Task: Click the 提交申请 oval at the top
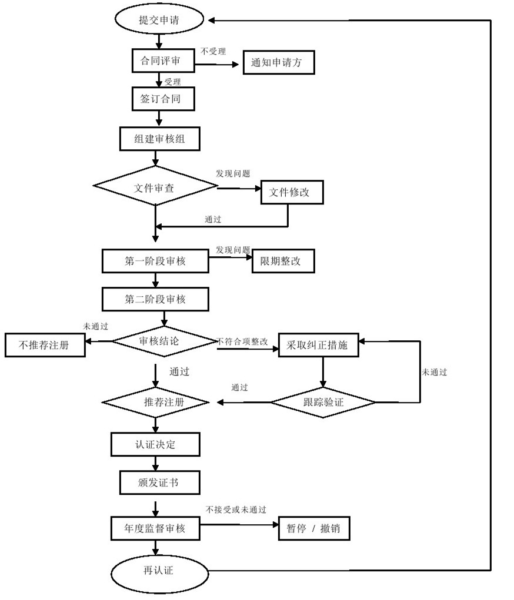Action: pos(159,20)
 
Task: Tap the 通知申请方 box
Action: pos(279,63)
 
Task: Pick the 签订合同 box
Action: pos(160,99)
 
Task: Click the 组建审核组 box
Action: pos(159,139)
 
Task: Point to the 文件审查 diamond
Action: pos(155,187)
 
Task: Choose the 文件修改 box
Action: pos(292,193)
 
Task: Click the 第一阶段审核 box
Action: pos(155,261)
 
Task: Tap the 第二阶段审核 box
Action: pos(155,299)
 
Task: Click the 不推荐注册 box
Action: pos(44,345)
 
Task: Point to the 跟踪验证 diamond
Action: pos(323,403)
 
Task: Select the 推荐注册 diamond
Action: pos(156,403)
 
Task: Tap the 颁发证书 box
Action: pos(158,482)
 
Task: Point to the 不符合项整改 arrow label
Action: pos(242,341)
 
